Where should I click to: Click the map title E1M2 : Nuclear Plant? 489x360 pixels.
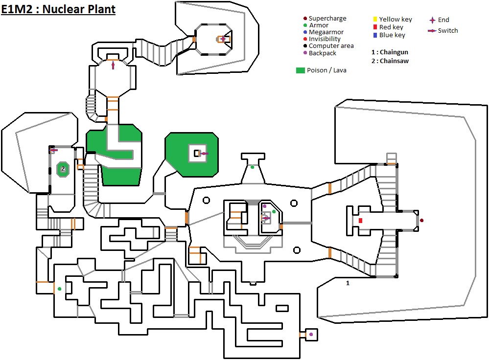tap(58, 9)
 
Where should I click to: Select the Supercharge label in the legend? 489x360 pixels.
tap(327, 19)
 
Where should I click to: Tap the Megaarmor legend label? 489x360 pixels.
tap(326, 32)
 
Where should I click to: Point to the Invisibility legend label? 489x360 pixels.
tap(325, 39)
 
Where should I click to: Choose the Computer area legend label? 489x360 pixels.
tap(331, 46)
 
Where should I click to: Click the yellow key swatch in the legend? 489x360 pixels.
tap(375, 20)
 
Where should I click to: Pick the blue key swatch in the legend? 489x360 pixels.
tap(375, 35)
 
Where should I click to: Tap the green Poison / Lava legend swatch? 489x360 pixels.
tap(301, 70)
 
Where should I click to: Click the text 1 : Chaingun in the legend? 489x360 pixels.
tap(390, 52)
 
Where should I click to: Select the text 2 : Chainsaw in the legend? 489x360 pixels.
tap(390, 61)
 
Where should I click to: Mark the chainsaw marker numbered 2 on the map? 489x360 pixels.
tap(63, 169)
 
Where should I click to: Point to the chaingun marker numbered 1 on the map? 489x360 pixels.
tap(348, 283)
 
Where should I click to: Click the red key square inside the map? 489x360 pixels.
tap(360, 221)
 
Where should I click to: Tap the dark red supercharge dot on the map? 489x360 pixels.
tap(421, 221)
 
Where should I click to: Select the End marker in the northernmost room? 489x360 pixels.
tap(223, 39)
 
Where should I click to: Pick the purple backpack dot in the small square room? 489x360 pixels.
tap(311, 335)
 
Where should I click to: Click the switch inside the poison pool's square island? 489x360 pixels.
tap(203, 154)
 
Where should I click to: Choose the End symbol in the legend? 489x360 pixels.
tap(432, 20)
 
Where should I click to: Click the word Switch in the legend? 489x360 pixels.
tap(448, 31)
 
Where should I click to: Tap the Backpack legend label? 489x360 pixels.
tap(323, 53)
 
